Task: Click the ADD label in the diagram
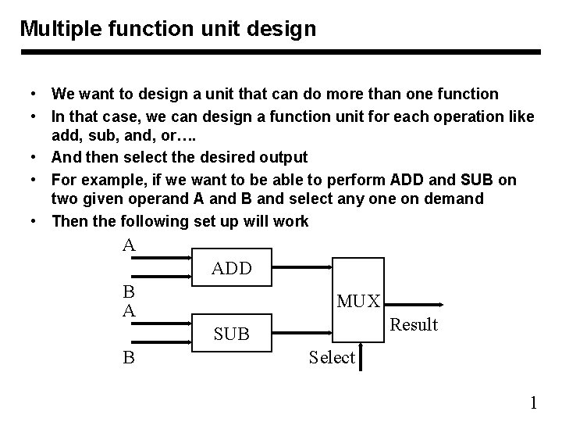pyautogui.click(x=232, y=269)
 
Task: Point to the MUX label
pyautogui.click(x=358, y=301)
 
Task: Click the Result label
pyautogui.click(x=414, y=324)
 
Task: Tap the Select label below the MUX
pyautogui.click(x=332, y=358)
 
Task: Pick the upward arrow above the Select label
pyautogui.click(x=361, y=344)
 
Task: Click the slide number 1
pyautogui.click(x=534, y=403)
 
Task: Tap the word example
pyautogui.click(x=109, y=180)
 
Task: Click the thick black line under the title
pyautogui.click(x=280, y=52)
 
